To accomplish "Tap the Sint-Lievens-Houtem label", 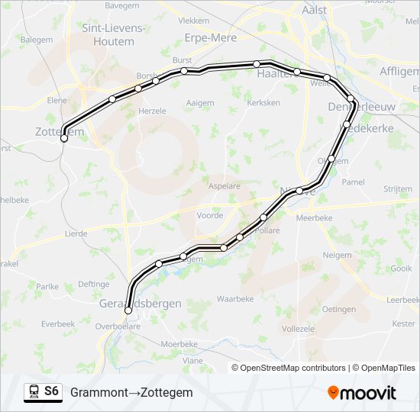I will click(113, 34).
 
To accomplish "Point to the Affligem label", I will click(399, 71).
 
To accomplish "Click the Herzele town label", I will click(152, 111).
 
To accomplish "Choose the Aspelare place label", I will click(224, 186).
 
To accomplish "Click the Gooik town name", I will click(401, 269).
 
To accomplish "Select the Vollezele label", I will click(297, 329).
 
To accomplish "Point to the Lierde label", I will click(77, 234).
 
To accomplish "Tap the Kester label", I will click(403, 323).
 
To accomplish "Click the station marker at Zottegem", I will click(63, 139).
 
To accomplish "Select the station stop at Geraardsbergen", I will click(128, 311).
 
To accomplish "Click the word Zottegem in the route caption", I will click(167, 392).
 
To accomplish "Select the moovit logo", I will click(362, 392).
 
